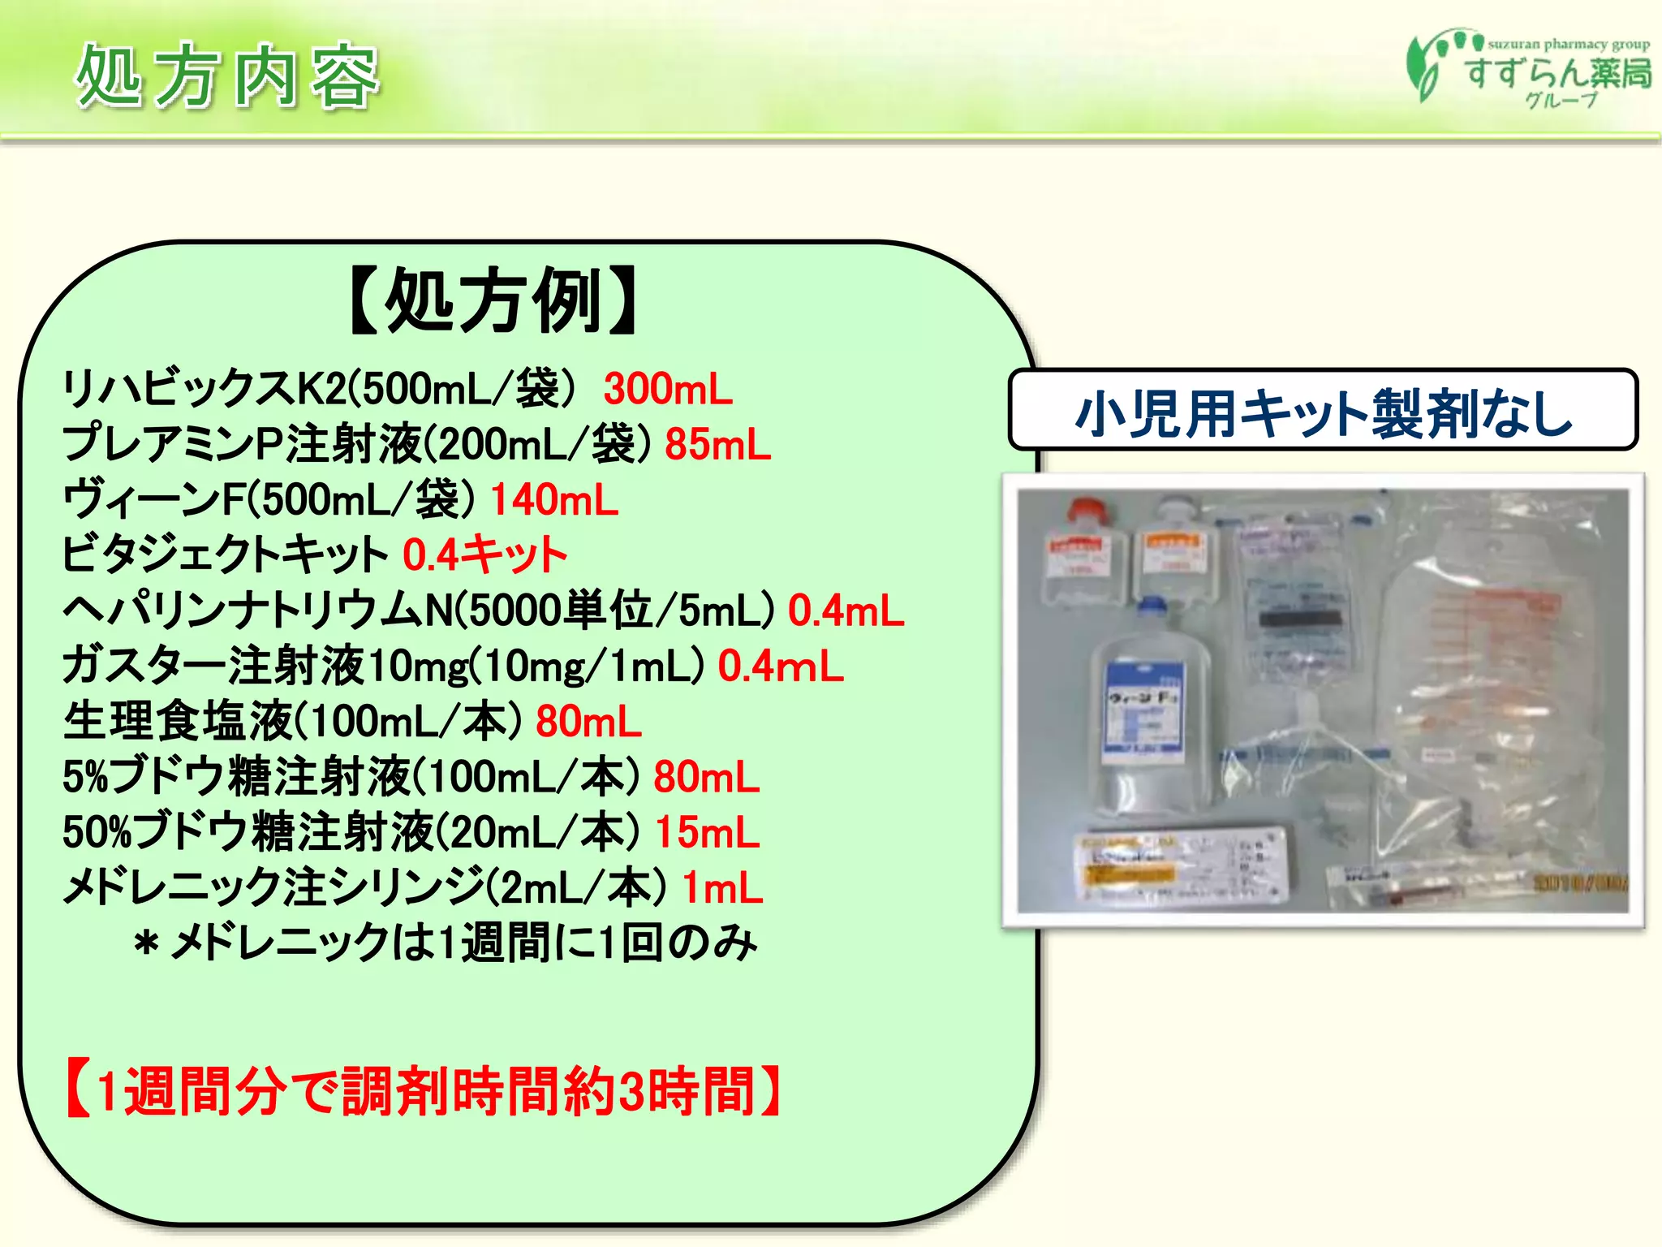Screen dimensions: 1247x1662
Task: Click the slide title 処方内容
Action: [227, 77]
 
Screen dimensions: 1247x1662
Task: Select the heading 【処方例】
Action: [494, 301]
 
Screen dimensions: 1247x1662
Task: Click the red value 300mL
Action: [668, 389]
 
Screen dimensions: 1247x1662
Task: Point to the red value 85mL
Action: [717, 444]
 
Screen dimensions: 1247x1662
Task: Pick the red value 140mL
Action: [554, 499]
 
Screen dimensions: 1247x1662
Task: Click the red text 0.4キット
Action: [484, 555]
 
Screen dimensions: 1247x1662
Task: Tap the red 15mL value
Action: [707, 832]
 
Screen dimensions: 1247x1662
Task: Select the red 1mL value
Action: [722, 887]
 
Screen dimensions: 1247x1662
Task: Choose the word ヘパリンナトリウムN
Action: [256, 611]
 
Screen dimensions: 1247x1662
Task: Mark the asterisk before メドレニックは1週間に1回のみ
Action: [147, 944]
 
